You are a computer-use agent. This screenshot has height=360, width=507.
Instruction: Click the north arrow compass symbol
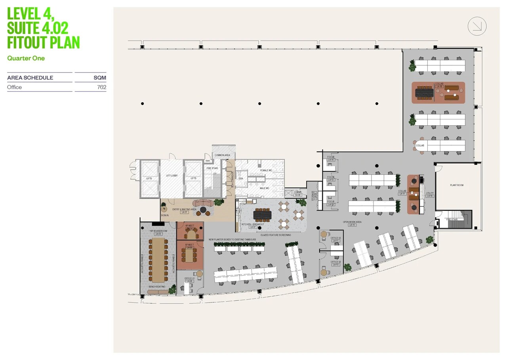click(477, 26)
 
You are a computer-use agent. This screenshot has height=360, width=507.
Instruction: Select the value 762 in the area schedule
click(102, 87)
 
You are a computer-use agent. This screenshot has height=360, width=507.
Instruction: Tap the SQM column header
click(100, 78)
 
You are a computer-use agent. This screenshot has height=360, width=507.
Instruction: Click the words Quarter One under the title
click(26, 58)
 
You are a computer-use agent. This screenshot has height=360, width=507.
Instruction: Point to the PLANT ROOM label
click(457, 185)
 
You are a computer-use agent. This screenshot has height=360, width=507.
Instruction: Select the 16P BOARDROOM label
click(158, 231)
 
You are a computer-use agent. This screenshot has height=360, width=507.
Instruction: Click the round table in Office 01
click(199, 274)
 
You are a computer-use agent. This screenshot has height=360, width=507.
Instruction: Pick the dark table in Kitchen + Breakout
click(261, 214)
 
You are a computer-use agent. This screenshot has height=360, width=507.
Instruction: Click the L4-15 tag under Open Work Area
click(352, 225)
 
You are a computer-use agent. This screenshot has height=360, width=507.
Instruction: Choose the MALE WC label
click(265, 188)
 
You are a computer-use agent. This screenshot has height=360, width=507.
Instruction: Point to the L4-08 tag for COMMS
click(297, 195)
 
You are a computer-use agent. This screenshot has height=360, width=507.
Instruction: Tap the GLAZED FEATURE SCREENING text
click(276, 235)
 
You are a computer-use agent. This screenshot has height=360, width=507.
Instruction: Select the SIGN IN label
click(165, 215)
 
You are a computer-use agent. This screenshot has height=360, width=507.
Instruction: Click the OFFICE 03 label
click(335, 238)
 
